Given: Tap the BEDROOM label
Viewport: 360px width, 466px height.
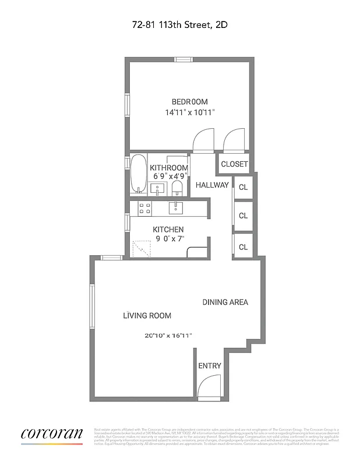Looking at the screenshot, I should (x=189, y=101).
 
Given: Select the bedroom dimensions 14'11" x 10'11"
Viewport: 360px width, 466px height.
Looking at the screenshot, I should (x=189, y=112).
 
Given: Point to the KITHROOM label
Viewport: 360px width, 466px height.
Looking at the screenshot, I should (x=169, y=168).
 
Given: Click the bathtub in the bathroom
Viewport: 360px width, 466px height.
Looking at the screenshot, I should (x=138, y=174).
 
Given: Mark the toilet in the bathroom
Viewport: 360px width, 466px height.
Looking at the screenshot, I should (x=178, y=188).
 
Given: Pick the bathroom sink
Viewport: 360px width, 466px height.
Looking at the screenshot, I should (x=157, y=189).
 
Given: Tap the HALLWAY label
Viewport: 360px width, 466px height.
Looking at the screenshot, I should (x=212, y=185).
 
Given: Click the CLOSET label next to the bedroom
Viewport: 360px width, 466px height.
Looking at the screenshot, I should (x=234, y=164).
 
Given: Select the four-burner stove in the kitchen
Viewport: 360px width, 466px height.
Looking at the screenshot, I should (x=144, y=208).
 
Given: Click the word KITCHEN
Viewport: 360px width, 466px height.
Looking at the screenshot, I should (x=168, y=230).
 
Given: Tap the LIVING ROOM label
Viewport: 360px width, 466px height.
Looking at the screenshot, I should (x=147, y=316).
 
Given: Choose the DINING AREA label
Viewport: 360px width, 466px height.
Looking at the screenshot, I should (x=225, y=302).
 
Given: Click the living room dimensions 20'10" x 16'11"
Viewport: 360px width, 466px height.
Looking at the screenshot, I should (x=168, y=336).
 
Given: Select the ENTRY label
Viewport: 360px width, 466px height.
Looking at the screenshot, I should (x=210, y=366).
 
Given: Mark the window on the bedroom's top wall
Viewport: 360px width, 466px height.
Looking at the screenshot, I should (x=184, y=59).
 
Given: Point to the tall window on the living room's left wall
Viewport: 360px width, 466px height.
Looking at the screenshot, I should (x=91, y=306).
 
